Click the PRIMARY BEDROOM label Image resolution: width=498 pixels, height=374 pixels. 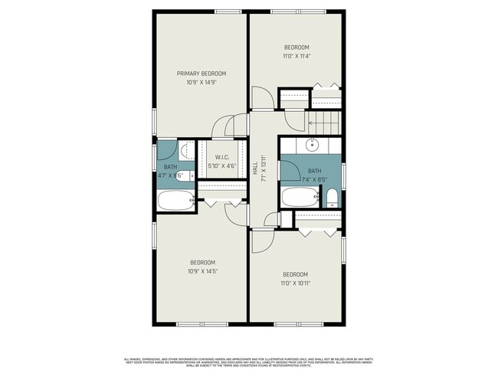[x=201, y=74]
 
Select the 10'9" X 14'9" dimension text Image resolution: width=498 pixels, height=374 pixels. [x=201, y=82]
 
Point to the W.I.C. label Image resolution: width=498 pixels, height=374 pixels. [x=221, y=157]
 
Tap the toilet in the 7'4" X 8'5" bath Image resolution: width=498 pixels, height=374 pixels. [x=332, y=198]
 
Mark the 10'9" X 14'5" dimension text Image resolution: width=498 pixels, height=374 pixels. [x=202, y=270]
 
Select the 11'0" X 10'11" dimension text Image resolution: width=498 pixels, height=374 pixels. [x=295, y=283]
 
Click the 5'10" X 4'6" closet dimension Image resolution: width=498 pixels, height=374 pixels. [x=221, y=166]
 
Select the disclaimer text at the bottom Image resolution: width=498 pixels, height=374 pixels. [x=249, y=362]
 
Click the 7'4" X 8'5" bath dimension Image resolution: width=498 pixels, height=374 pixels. [x=314, y=179]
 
